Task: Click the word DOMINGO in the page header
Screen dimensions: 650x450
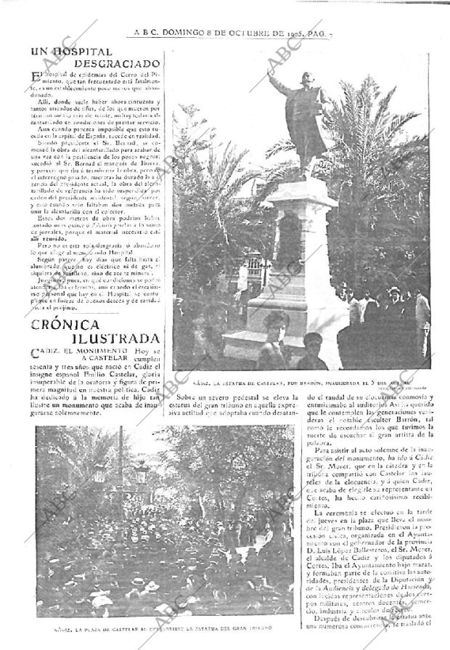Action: point(183,32)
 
